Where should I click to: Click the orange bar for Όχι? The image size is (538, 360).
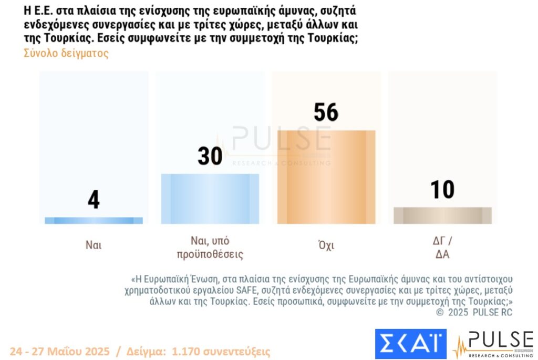[x=326, y=177]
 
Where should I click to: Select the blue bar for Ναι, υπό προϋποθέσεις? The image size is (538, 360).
[x=210, y=199]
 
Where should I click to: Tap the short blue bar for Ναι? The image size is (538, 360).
[x=94, y=221]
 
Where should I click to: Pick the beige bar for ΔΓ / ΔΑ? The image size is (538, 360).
[x=442, y=215]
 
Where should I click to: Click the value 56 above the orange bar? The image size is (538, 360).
[x=326, y=112]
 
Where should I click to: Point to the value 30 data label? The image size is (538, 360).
[x=210, y=156]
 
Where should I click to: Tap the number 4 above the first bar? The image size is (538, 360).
[x=94, y=200]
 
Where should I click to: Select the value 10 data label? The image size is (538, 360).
[x=442, y=190]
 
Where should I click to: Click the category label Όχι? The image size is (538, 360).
[x=326, y=245]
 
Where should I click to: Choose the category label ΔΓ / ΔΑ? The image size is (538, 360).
[x=442, y=248]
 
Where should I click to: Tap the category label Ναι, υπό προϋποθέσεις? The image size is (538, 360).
[x=210, y=248]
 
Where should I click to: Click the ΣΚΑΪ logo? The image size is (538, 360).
[x=410, y=344]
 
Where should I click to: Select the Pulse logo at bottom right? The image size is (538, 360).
[x=492, y=344]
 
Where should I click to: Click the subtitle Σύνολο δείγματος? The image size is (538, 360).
[x=66, y=54]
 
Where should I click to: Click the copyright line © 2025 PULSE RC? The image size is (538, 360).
[x=474, y=312]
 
